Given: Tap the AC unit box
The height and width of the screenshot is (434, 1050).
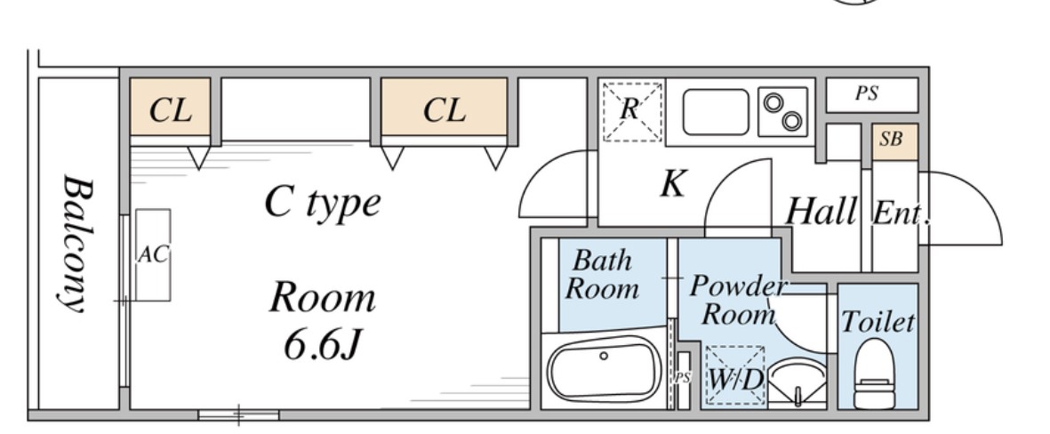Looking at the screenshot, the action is pyautogui.click(x=153, y=254).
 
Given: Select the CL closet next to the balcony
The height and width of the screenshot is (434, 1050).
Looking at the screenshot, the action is pyautogui.click(x=170, y=107).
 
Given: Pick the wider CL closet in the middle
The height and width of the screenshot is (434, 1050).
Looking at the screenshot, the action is pyautogui.click(x=444, y=107).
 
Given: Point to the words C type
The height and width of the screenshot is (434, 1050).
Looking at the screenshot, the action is pyautogui.click(x=323, y=202).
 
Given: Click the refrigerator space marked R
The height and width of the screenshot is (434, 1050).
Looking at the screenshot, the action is pyautogui.click(x=632, y=112).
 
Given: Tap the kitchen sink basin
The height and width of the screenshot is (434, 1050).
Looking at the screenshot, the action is pyautogui.click(x=716, y=112).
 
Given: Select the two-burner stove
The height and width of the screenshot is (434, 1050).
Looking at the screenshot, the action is pyautogui.click(x=782, y=112).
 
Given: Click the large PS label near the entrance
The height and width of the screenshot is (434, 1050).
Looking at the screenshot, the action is pyautogui.click(x=867, y=93).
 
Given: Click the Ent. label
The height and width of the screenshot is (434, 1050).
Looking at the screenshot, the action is pyautogui.click(x=902, y=213).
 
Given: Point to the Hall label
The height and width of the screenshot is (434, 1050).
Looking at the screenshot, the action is pyautogui.click(x=821, y=212).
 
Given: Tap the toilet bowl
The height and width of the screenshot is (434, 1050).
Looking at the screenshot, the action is pyautogui.click(x=875, y=373).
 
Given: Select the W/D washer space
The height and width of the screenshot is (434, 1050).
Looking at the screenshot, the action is pyautogui.click(x=735, y=375).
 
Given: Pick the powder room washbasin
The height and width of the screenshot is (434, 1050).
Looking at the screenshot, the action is pyautogui.click(x=797, y=382).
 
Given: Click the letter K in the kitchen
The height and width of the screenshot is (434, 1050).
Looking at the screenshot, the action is pyautogui.click(x=673, y=183).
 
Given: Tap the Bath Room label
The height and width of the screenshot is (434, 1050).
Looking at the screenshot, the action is pyautogui.click(x=601, y=275).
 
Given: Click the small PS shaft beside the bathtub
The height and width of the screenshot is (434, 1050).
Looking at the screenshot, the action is pyautogui.click(x=683, y=380).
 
